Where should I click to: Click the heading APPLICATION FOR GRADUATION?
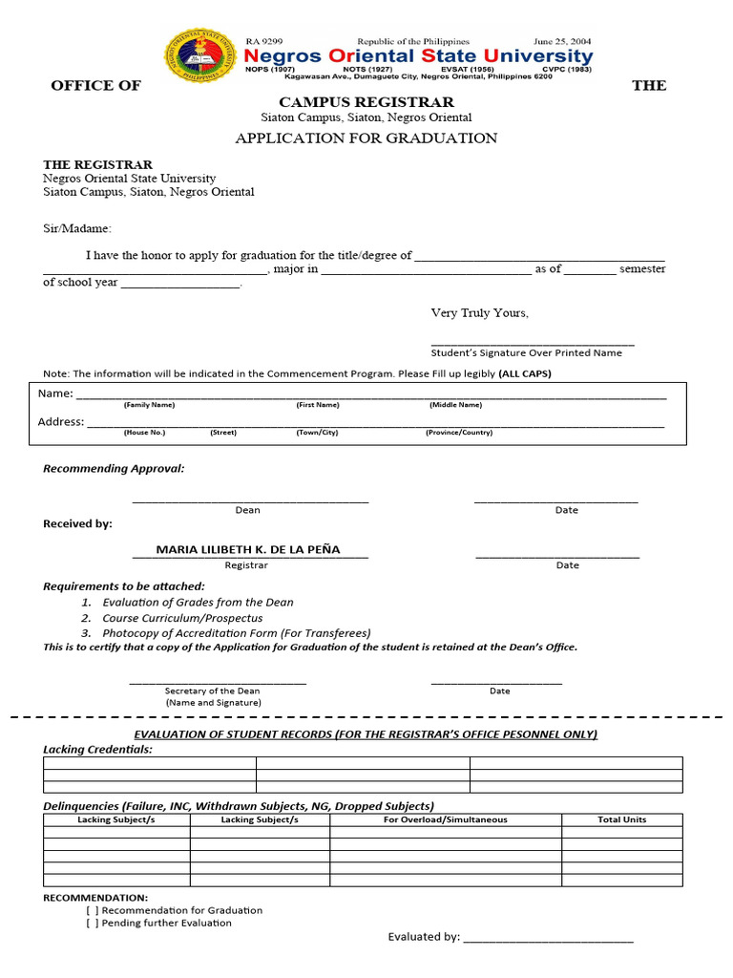(366, 138)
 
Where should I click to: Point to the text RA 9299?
(264, 42)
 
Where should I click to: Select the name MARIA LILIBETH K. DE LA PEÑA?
(248, 550)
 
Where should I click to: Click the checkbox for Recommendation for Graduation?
(92, 910)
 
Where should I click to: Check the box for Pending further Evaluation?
(92, 924)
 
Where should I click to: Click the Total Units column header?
(621, 819)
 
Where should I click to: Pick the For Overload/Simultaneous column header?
(445, 819)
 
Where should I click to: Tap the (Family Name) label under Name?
(149, 405)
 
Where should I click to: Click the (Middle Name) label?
(455, 405)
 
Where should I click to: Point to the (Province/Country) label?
(459, 433)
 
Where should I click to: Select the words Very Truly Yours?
(479, 313)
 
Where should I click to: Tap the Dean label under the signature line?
(247, 510)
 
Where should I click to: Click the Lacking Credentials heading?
(97, 750)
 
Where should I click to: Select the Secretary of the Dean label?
(212, 691)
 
